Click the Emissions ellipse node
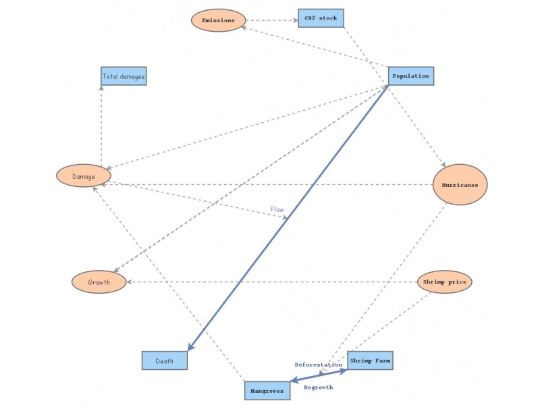point(218,20)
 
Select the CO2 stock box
point(321,18)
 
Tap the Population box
point(410,76)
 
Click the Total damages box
point(123,76)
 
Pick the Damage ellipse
point(83,176)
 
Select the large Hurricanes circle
point(460,184)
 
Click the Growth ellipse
point(99,282)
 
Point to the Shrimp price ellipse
point(444,281)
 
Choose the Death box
point(164,360)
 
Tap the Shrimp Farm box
point(370,360)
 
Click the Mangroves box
point(267,390)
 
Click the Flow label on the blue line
point(277,209)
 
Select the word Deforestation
point(318,364)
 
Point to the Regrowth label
point(318,387)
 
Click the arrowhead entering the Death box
point(191,347)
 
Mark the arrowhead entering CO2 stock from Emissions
point(295,20)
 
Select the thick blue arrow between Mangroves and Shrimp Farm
point(319,376)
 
